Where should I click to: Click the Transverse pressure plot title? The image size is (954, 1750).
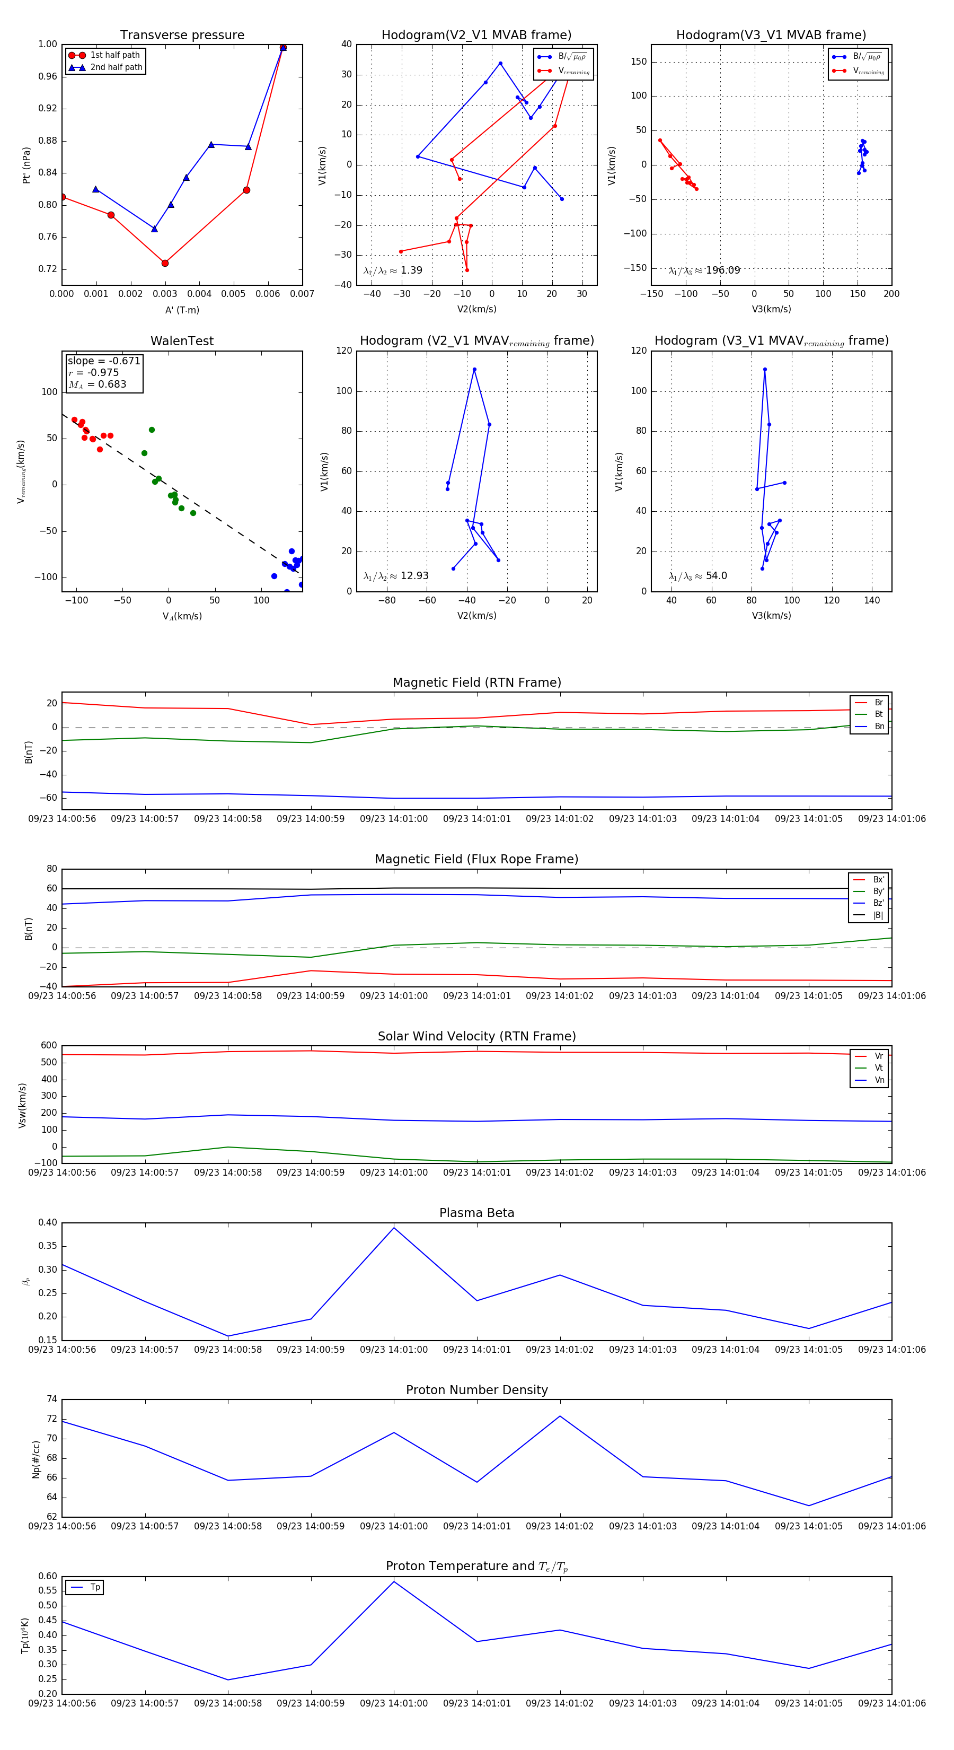click(182, 36)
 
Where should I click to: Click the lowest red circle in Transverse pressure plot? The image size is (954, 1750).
click(165, 263)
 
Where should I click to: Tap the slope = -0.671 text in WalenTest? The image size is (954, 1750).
click(104, 361)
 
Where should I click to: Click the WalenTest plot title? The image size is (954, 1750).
click(182, 341)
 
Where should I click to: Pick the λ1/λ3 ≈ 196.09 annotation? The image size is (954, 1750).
click(704, 270)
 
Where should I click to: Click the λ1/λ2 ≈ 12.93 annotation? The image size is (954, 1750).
click(396, 576)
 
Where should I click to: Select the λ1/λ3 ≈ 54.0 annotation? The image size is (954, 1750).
click(697, 576)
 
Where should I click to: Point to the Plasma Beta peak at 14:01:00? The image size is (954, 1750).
click(394, 1228)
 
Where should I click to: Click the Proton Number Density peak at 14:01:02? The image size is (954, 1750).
click(560, 1416)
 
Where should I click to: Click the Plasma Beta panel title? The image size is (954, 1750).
click(476, 1213)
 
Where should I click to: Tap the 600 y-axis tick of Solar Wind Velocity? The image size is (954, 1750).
click(49, 1046)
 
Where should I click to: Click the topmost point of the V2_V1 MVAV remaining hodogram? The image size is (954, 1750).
click(474, 370)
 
